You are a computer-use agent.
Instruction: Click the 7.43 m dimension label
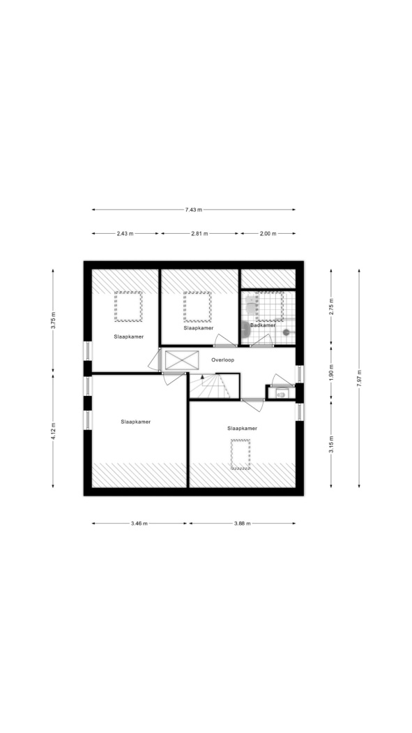click(x=193, y=210)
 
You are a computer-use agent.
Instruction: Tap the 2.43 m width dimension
click(x=125, y=233)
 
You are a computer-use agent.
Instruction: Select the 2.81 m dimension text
click(x=199, y=233)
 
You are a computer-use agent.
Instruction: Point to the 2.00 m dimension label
click(x=268, y=233)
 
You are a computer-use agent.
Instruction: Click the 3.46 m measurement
click(x=139, y=524)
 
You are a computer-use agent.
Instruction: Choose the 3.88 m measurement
click(x=242, y=524)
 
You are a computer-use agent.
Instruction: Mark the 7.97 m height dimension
click(x=359, y=378)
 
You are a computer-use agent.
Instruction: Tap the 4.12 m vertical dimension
click(x=53, y=431)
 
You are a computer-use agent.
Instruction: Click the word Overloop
click(x=222, y=360)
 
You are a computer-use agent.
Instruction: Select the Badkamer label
click(x=263, y=325)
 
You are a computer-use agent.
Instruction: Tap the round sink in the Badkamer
click(x=246, y=330)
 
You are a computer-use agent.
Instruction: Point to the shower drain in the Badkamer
click(x=286, y=332)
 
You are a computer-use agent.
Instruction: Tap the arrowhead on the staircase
click(x=202, y=376)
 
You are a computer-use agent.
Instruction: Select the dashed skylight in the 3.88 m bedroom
click(x=241, y=454)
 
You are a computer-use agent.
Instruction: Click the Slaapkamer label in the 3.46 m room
click(x=136, y=422)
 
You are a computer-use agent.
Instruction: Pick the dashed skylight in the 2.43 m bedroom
click(x=128, y=306)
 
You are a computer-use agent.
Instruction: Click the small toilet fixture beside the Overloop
click(x=281, y=394)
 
